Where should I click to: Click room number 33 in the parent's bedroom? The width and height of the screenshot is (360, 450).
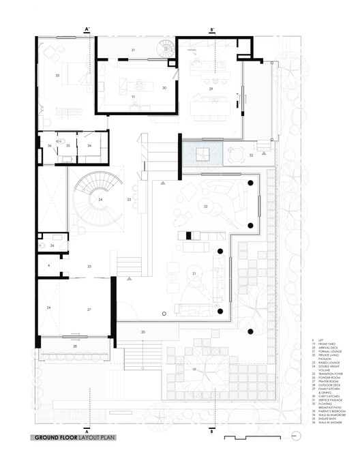point(58,74)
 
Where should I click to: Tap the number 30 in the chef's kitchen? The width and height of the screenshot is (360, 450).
point(164,87)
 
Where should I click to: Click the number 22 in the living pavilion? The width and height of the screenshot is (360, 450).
point(205,205)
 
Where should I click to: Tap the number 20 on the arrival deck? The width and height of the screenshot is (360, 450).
point(143,331)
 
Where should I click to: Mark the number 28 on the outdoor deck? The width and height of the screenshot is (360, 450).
point(75,347)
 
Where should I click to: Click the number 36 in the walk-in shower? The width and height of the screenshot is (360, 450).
point(50,146)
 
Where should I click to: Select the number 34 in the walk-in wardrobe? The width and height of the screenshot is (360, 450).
point(89,145)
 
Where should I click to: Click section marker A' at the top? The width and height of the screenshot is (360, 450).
point(87,29)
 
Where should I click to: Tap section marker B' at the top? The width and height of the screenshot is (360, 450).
point(213,29)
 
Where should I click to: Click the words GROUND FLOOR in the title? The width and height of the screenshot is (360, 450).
point(54,436)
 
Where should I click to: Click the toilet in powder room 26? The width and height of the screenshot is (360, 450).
point(43,244)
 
